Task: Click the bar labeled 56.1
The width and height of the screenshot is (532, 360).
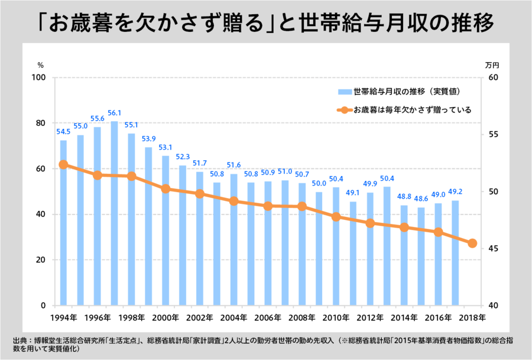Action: point(114,213)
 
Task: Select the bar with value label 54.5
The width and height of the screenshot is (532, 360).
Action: point(63,222)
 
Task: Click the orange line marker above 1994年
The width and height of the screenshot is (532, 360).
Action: point(63,165)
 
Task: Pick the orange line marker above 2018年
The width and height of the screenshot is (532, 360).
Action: point(472,243)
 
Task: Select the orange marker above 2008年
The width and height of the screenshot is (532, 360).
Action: point(301,206)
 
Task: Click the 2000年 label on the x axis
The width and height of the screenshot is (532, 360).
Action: point(166,317)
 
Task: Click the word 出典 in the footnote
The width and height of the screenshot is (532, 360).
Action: point(20,340)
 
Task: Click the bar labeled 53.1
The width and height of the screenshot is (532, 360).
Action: point(166,231)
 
